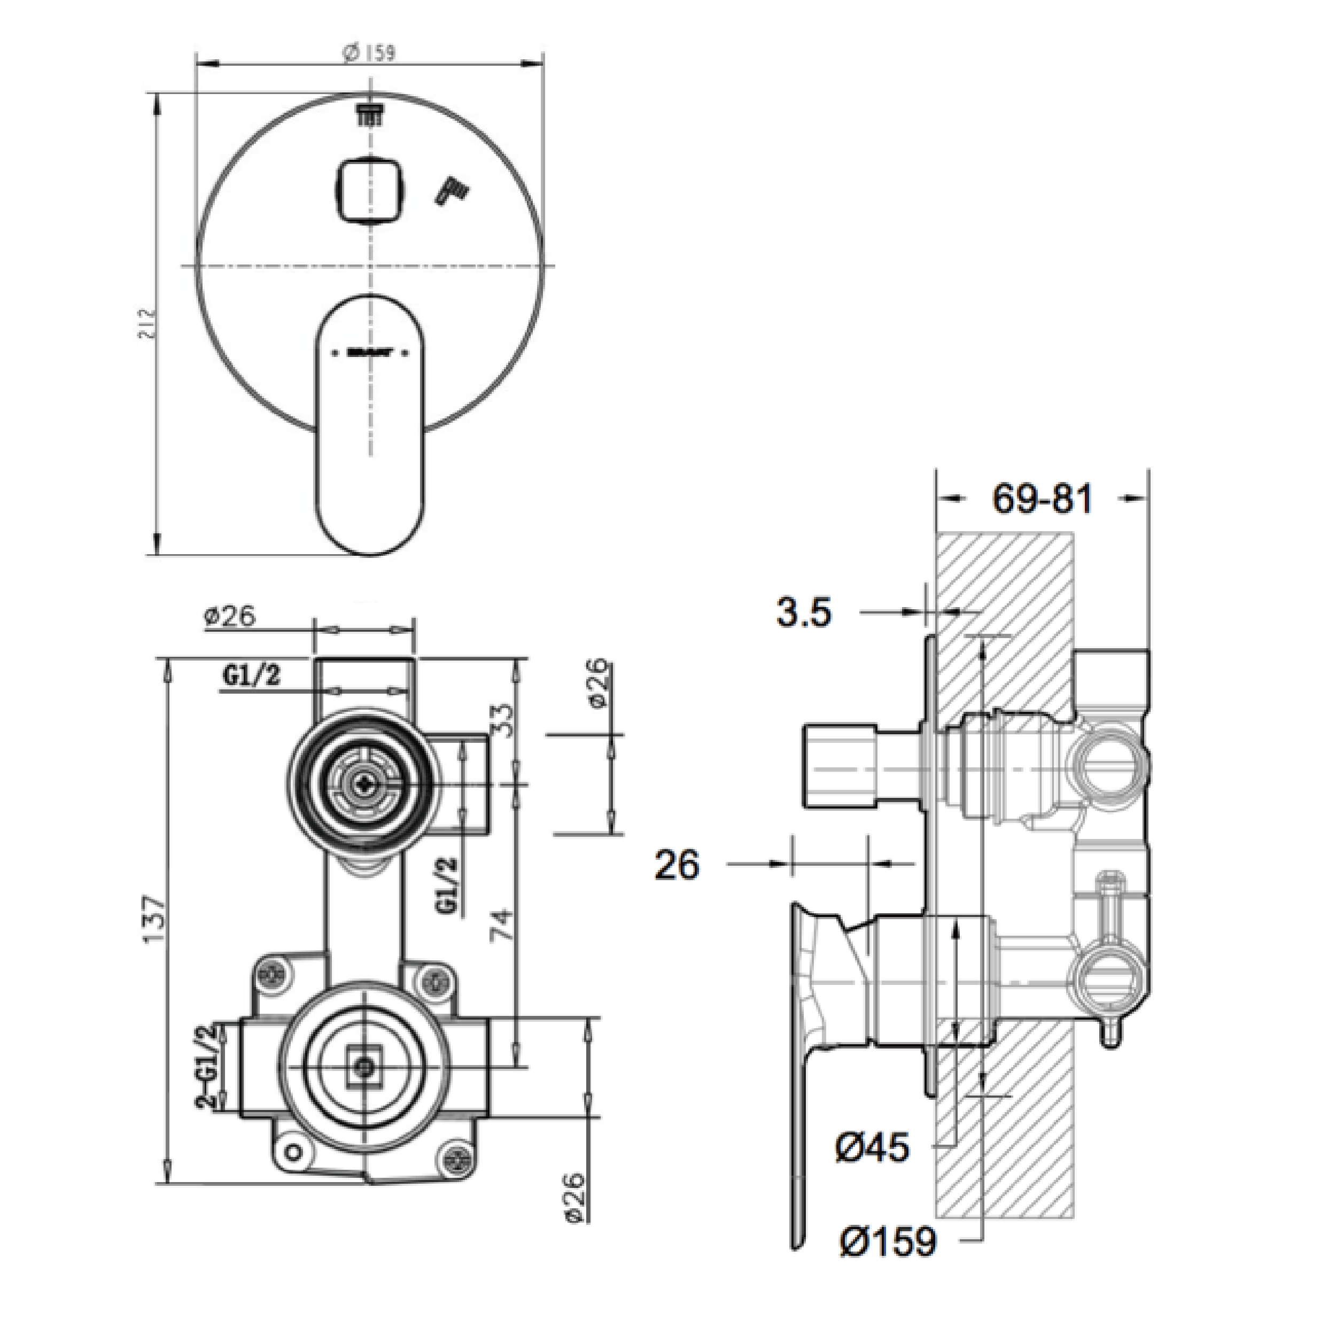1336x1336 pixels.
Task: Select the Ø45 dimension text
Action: click(x=872, y=1148)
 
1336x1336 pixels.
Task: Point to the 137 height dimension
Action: click(x=154, y=919)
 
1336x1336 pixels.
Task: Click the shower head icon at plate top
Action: click(x=370, y=115)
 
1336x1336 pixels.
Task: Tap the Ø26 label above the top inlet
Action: click(x=230, y=615)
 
